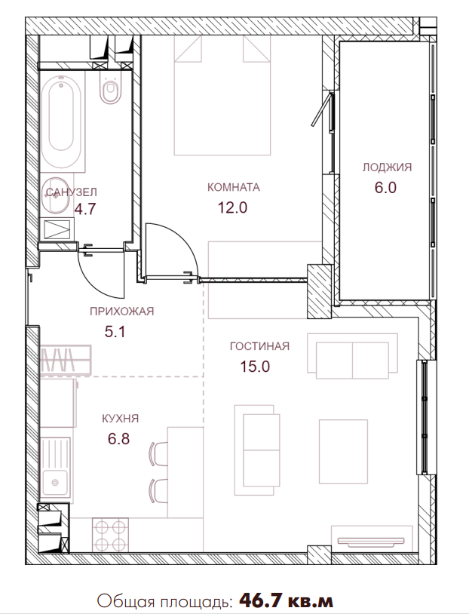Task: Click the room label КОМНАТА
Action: click(233, 187)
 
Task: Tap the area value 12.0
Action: click(232, 207)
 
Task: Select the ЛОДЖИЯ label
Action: click(387, 167)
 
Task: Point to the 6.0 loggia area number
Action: click(385, 188)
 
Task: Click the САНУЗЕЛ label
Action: click(71, 192)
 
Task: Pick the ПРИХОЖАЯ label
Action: click(121, 312)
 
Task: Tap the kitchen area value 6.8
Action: click(118, 439)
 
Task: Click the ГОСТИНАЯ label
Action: click(259, 346)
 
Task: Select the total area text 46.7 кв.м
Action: click(287, 600)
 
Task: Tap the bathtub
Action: click(62, 121)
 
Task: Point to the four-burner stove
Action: click(111, 534)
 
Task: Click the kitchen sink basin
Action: click(55, 483)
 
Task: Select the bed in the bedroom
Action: click(222, 95)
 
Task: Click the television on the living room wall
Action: click(371, 542)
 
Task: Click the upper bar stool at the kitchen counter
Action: click(158, 453)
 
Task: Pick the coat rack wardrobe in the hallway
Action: click(66, 360)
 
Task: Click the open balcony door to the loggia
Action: click(322, 109)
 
